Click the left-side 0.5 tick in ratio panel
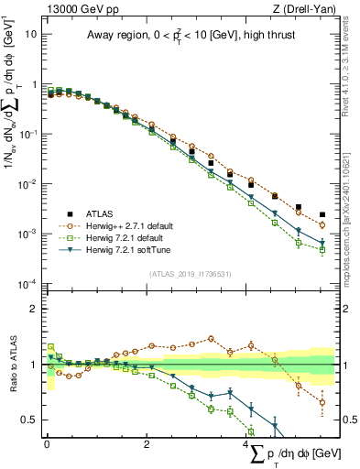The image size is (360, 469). [x=32, y=420]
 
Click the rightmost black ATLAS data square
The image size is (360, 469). [x=322, y=215]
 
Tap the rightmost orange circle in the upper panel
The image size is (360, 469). [x=322, y=224]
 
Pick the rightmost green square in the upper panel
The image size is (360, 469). [x=322, y=249]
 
